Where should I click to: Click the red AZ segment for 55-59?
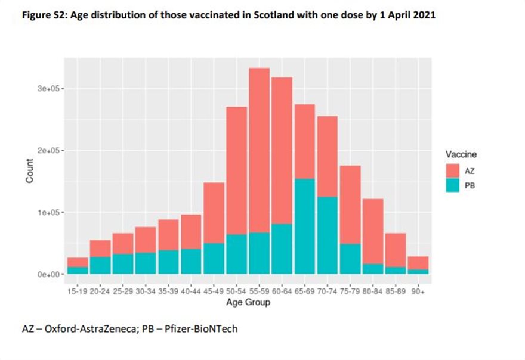point(259,149)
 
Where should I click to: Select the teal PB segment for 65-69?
point(304,226)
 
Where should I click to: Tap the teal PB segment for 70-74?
point(327,235)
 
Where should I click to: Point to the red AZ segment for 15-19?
point(78,262)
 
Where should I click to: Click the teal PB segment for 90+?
point(418,272)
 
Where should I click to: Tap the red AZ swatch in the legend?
point(453,170)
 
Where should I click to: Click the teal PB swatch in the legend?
point(453,185)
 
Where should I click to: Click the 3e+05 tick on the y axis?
point(47,88)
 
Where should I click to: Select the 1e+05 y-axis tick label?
point(47,213)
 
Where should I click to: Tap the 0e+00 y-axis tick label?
point(47,275)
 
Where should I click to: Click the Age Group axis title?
point(248,302)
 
